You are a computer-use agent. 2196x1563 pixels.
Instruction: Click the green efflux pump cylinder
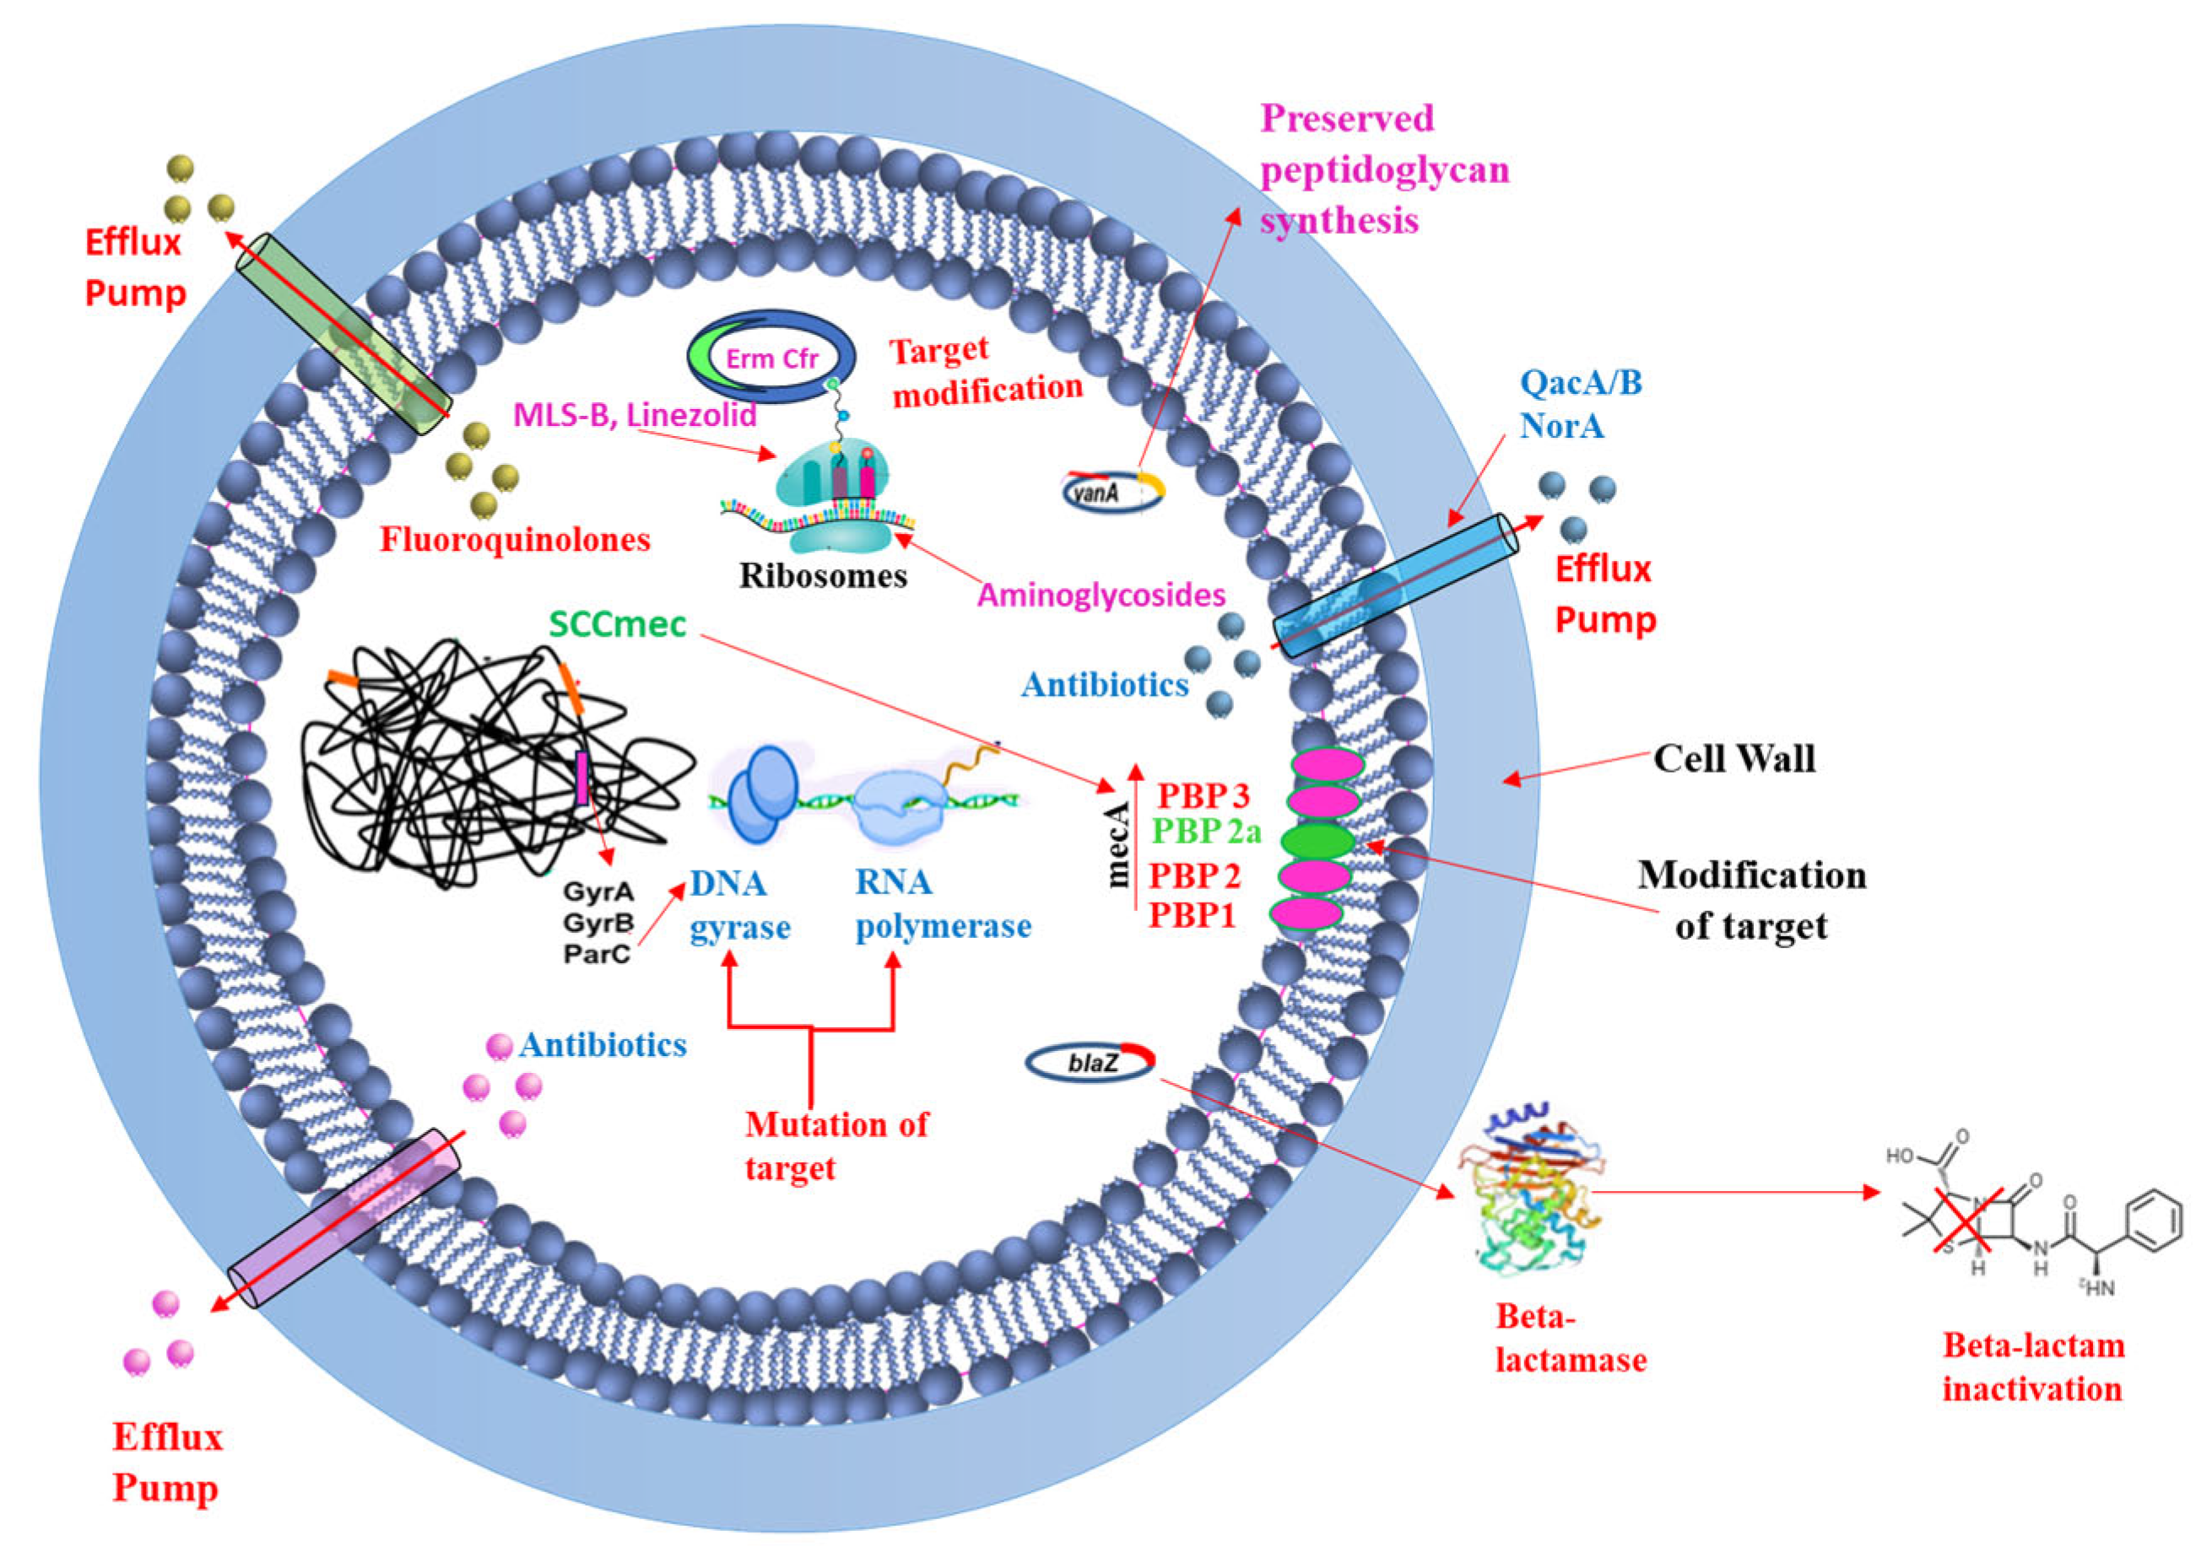343,334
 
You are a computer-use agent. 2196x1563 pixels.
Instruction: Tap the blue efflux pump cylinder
1395,585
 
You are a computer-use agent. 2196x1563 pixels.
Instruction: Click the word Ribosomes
822,575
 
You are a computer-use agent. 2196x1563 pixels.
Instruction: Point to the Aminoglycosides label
1101,595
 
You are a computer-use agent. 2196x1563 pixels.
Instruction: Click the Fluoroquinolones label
515,539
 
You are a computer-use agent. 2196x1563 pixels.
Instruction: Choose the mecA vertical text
1117,844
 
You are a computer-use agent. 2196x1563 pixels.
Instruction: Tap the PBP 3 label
1203,795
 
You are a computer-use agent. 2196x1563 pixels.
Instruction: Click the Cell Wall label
1733,758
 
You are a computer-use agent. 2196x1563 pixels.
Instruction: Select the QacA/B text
1580,382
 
